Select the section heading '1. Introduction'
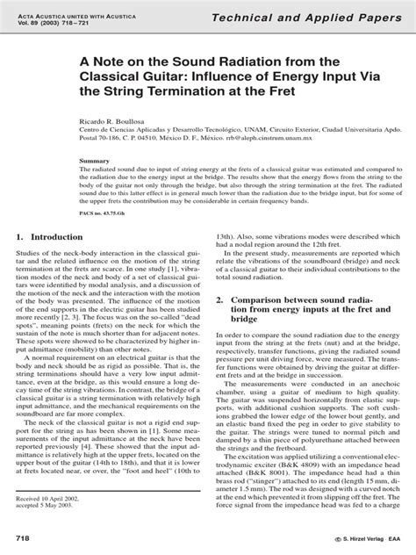click(54, 237)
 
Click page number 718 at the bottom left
click(25, 535)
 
